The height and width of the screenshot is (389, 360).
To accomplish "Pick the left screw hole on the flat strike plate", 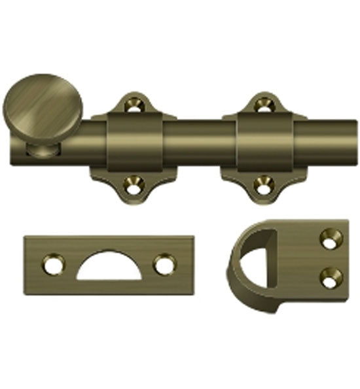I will [51, 265].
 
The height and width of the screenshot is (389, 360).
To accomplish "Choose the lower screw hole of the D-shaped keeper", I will [331, 277].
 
